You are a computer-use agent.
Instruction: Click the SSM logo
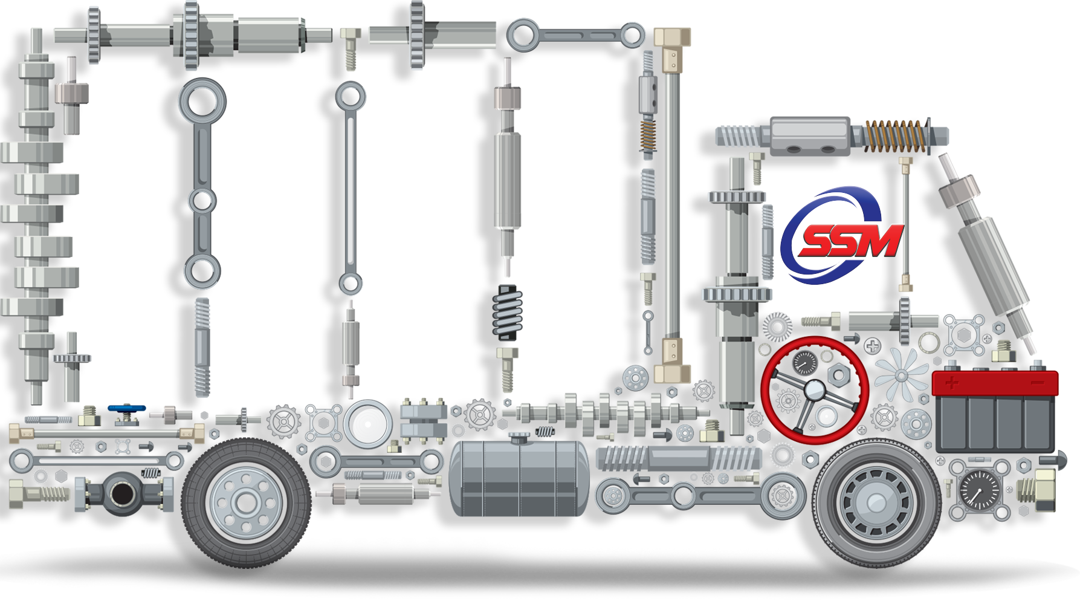pos(841,235)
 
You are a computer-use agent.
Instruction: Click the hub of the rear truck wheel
pos(245,502)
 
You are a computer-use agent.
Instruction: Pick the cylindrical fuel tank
pos(519,477)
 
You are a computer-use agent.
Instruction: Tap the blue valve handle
pos(126,409)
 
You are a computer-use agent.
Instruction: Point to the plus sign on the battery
pos(952,382)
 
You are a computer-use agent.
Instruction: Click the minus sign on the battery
pos(1038,383)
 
